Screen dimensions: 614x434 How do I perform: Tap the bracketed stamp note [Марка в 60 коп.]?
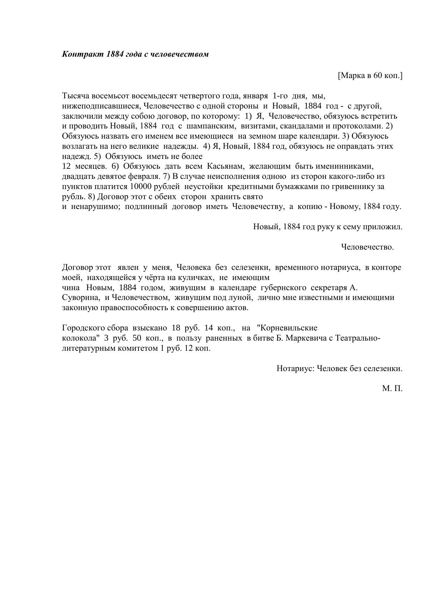point(370,75)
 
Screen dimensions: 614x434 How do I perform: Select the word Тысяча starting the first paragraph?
point(74,96)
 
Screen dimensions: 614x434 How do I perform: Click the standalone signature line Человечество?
point(367,247)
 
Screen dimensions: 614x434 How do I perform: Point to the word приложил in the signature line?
point(384,227)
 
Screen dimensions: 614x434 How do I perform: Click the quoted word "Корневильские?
point(287,328)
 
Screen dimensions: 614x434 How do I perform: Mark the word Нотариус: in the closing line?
point(296,369)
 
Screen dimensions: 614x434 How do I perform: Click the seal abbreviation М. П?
point(392,389)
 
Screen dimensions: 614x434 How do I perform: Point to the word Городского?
point(84,328)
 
